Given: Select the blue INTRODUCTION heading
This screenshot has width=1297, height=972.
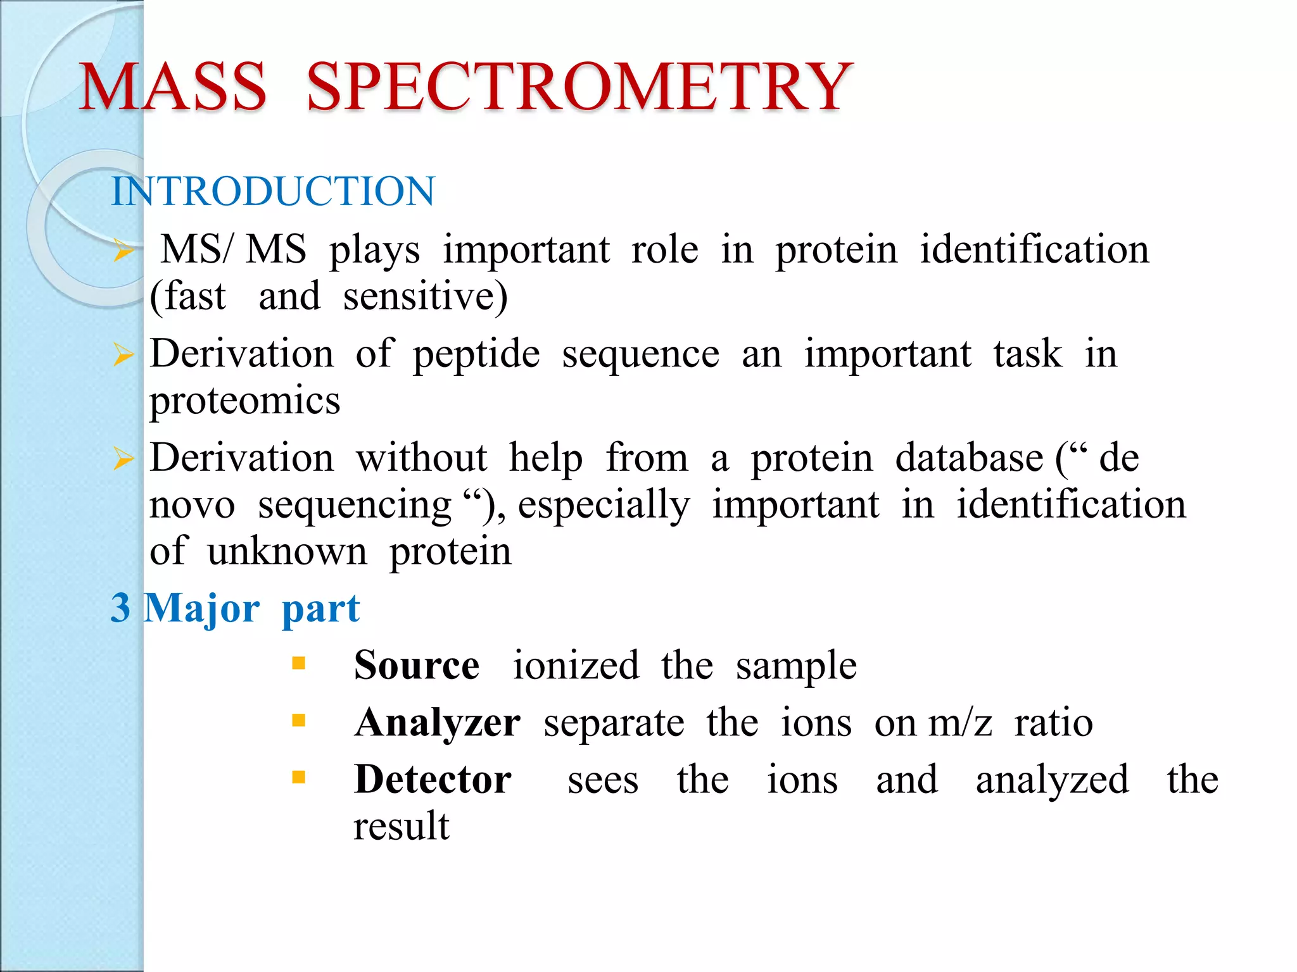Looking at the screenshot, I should pos(273,191).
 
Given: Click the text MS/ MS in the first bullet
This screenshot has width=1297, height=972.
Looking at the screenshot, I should pos(234,249).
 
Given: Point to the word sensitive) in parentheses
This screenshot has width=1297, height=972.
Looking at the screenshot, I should pos(425,296).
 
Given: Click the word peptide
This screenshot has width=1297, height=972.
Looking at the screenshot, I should pos(476,354).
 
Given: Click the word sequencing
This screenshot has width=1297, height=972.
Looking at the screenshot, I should pos(355,505).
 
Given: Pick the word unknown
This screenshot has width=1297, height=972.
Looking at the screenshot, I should pos(287,551).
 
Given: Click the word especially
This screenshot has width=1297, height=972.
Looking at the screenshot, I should pos(604,505).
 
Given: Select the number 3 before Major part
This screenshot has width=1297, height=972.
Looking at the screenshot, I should pos(120,608).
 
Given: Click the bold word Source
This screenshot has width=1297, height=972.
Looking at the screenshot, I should pos(417,665).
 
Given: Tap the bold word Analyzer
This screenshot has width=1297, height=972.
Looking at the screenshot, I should pos(438,723).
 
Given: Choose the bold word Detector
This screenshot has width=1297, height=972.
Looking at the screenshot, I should pos(433,780).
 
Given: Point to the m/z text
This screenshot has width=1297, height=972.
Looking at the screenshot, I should pos(960,723).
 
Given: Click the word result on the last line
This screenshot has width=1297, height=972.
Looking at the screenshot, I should pos(402,826).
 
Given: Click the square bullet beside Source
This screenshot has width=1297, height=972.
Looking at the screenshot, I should pos(299,663).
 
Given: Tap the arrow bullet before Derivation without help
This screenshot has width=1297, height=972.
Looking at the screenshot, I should pos(123,458).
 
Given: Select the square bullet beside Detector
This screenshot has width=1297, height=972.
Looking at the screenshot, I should pos(299,777).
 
